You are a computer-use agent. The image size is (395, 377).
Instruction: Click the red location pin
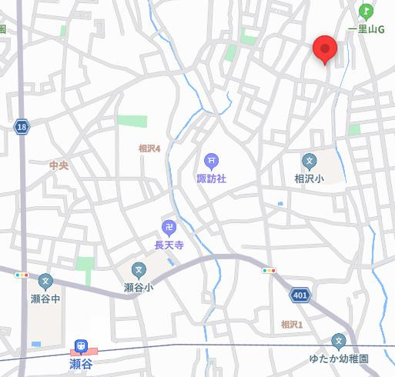[326, 50]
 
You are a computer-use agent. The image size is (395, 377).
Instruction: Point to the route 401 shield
[300, 295]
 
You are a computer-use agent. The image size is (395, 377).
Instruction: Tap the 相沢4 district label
[149, 148]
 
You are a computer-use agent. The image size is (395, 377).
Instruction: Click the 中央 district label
[59, 165]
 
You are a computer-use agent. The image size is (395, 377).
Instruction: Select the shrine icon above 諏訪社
[210, 161]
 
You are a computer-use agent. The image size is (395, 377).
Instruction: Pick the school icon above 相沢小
[309, 161]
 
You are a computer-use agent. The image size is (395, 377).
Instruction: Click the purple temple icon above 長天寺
[169, 227]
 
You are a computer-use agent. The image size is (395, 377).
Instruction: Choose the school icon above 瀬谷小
[139, 269]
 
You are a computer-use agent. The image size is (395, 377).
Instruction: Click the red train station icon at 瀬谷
[79, 346]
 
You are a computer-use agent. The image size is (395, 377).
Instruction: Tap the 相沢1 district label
[292, 324]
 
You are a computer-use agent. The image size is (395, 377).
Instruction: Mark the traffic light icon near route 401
[269, 271]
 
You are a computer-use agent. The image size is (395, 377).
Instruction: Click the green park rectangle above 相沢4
[132, 121]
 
